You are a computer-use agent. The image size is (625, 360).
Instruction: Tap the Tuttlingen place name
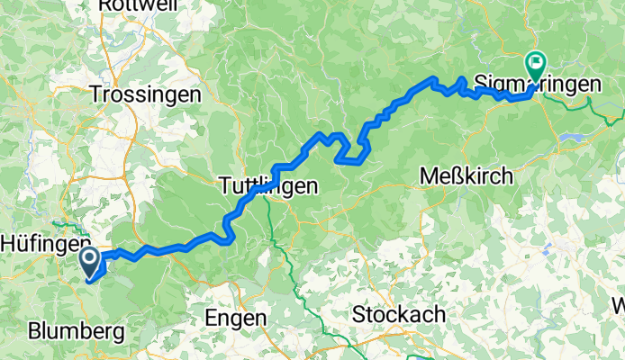267,187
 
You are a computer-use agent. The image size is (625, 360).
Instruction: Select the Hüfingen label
39,242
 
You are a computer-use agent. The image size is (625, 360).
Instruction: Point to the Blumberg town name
77,330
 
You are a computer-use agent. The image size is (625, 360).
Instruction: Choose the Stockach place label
399,314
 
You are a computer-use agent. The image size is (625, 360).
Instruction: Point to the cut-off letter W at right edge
618,304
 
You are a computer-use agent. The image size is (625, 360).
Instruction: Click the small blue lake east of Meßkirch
574,139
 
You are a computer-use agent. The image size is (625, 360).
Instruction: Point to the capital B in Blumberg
35,330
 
